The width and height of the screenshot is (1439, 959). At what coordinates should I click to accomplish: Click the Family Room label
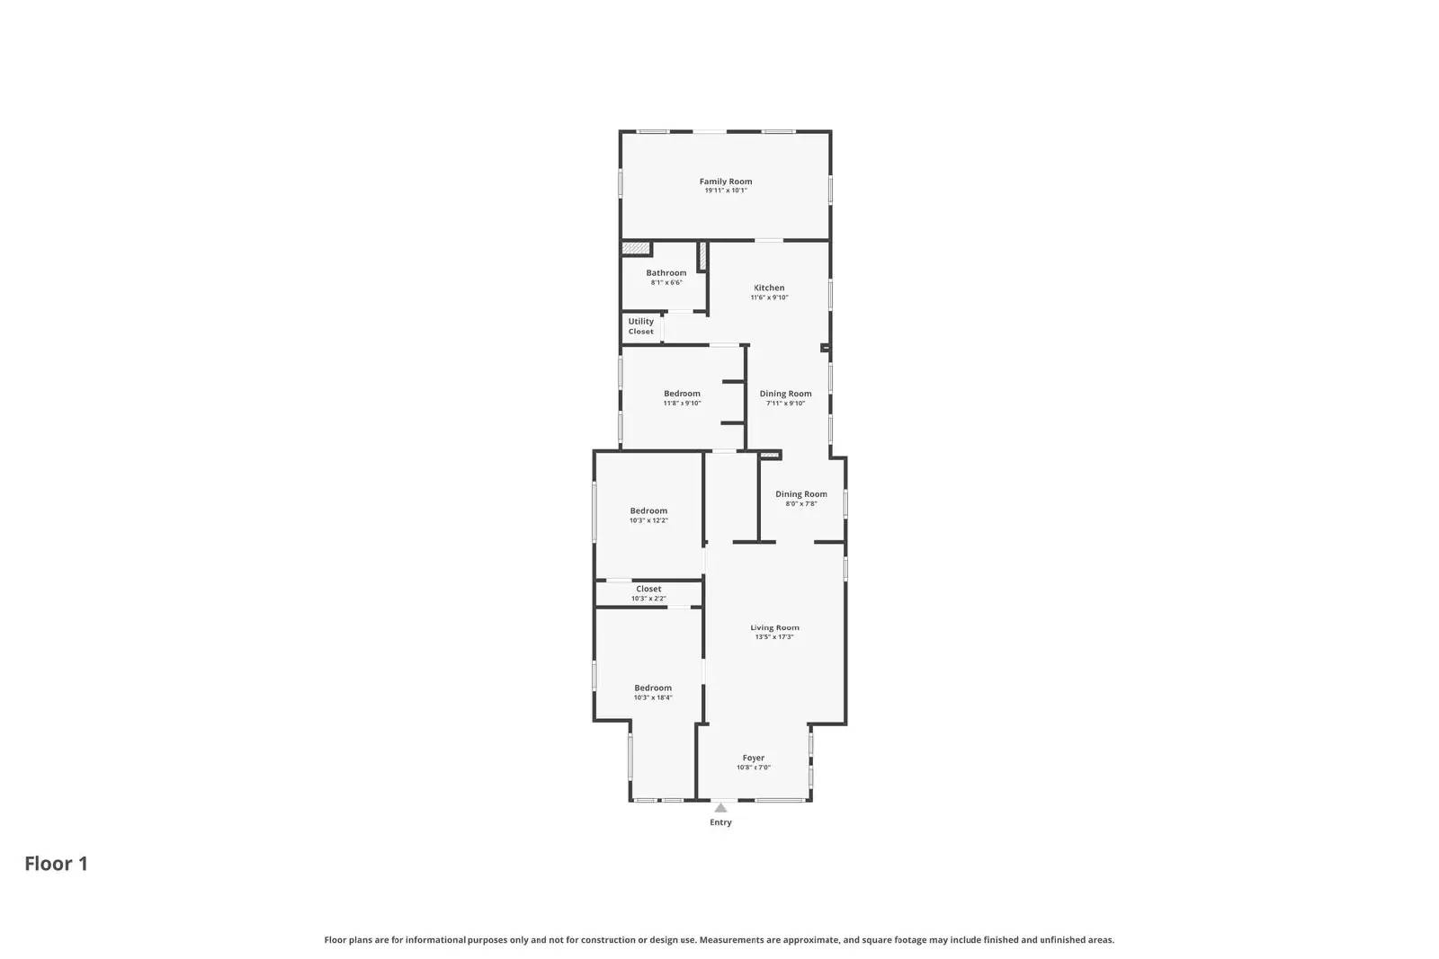(725, 182)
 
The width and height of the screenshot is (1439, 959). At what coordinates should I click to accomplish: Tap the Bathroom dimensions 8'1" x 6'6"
(666, 283)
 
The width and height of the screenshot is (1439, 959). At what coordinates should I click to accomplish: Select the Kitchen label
(769, 288)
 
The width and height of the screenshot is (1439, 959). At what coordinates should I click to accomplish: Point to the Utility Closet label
(641, 326)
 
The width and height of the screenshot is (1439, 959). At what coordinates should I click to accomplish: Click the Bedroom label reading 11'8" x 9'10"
(682, 394)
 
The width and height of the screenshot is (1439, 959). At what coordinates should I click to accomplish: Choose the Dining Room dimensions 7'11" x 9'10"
(785, 404)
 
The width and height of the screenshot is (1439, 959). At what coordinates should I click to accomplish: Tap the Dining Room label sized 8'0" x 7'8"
(800, 494)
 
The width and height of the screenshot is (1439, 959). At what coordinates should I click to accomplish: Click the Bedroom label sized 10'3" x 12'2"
(648, 511)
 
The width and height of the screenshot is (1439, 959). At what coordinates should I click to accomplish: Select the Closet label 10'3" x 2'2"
(648, 589)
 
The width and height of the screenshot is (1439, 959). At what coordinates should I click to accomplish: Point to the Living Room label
(774, 627)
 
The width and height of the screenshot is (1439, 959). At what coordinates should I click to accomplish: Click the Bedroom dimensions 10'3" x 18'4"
(653, 697)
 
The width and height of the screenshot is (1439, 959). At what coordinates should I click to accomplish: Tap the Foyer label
(753, 758)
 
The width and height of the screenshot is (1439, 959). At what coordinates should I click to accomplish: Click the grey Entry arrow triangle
(720, 808)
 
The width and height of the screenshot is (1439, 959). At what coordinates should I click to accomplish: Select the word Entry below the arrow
(720, 822)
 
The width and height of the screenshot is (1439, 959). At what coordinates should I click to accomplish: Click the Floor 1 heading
(56, 864)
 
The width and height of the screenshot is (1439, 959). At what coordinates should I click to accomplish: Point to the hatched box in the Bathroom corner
(635, 249)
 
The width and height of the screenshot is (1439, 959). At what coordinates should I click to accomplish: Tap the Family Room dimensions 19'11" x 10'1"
(725, 191)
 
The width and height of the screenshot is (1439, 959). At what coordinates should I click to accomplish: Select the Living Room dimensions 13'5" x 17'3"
(774, 637)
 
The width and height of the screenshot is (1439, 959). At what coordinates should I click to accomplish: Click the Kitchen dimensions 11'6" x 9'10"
(769, 297)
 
